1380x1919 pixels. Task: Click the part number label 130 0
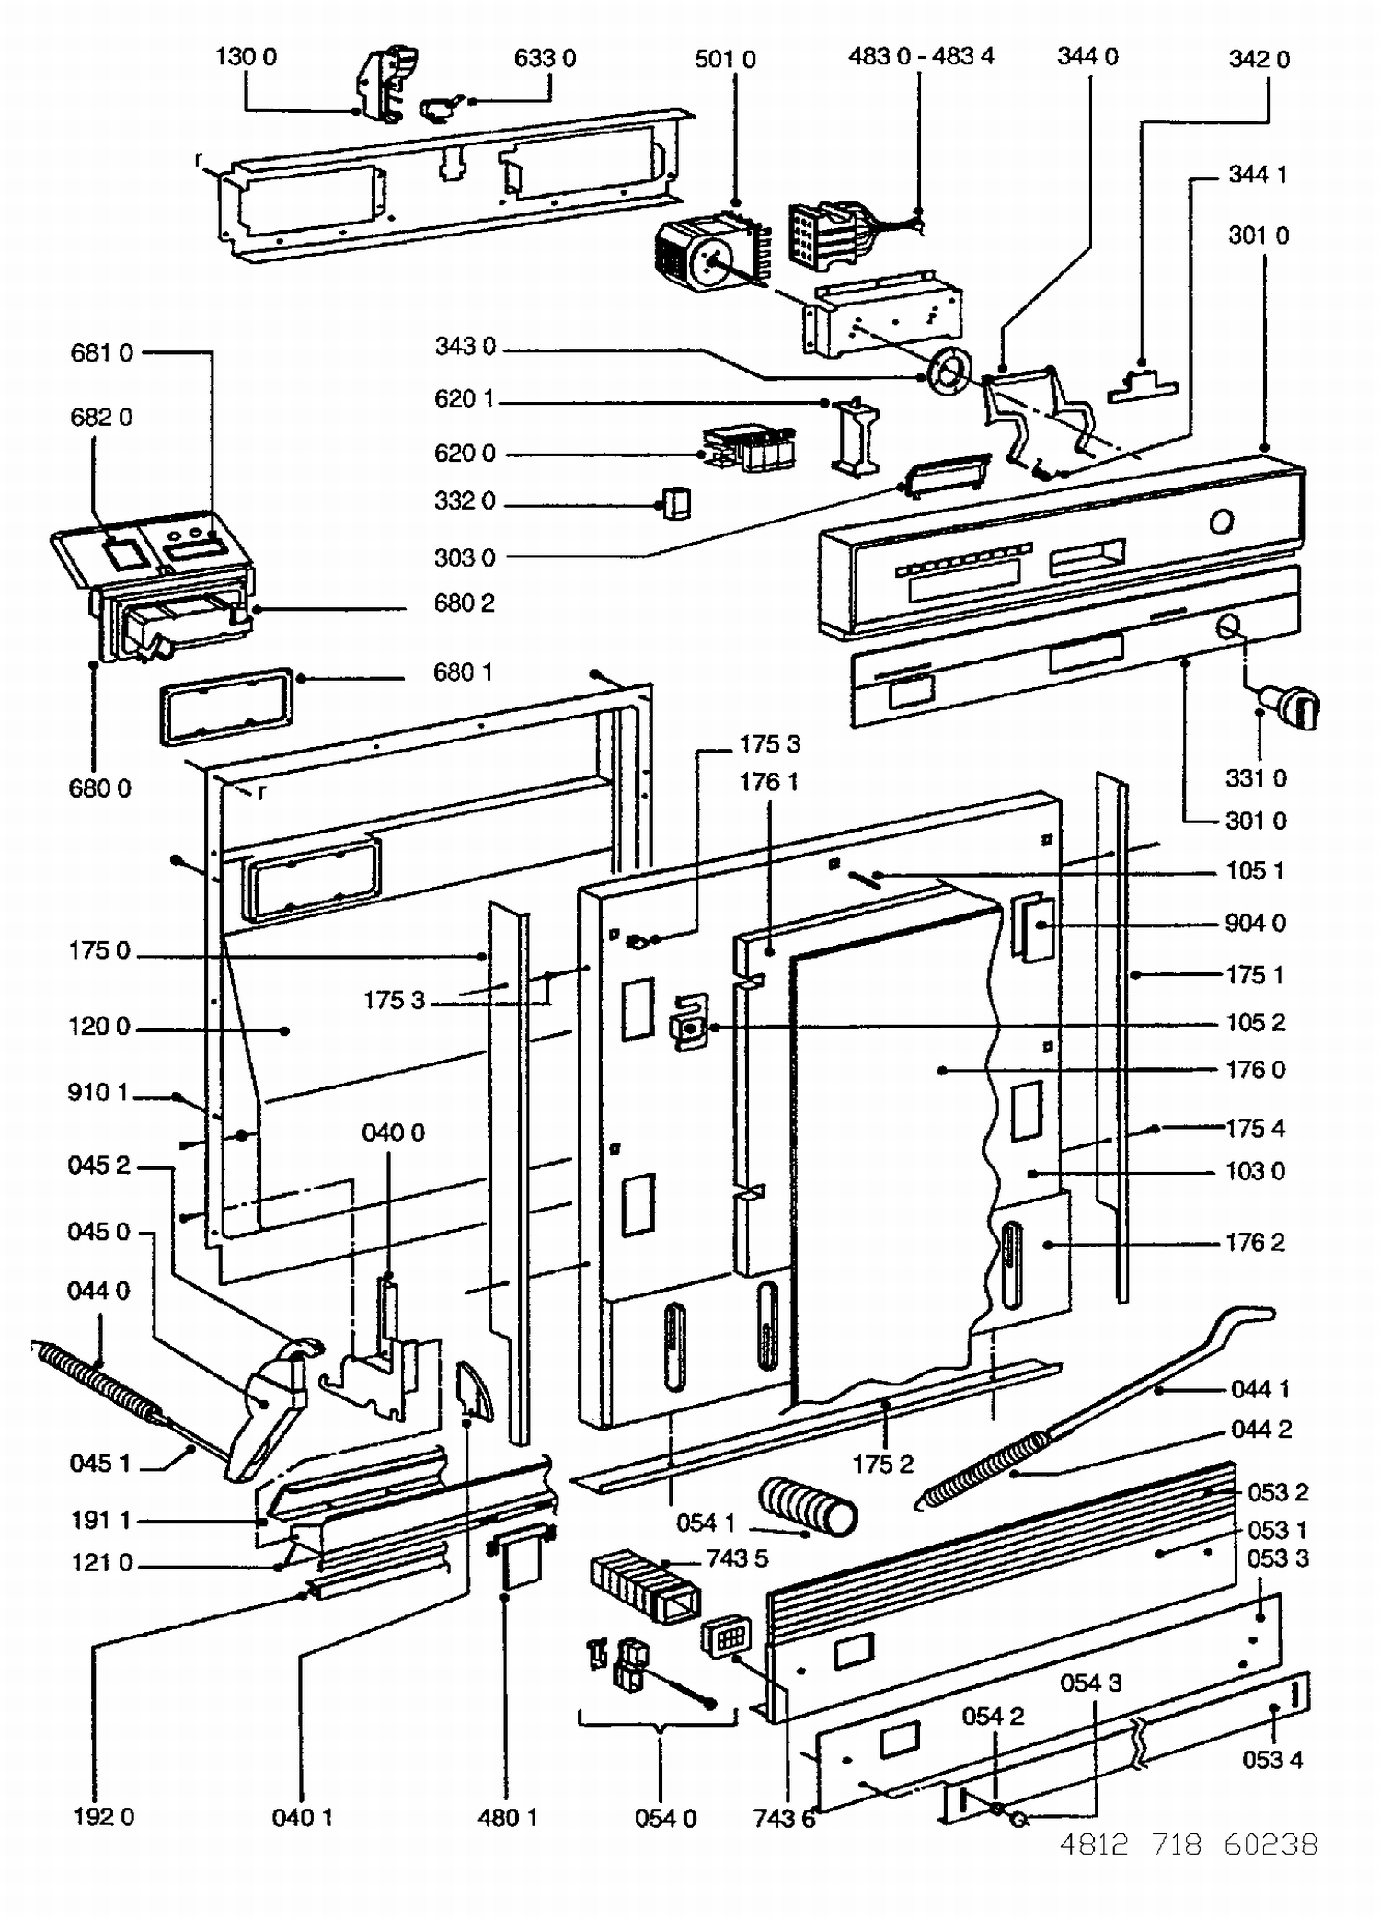(x=246, y=57)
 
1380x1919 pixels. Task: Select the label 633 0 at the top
(x=545, y=59)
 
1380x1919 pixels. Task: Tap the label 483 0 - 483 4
(x=921, y=56)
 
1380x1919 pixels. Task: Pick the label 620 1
(x=464, y=399)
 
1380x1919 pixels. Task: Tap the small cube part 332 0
(x=676, y=503)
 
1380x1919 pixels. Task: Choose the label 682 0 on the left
(x=101, y=418)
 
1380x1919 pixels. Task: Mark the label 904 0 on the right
(x=1255, y=924)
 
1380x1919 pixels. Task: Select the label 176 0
(x=1255, y=1070)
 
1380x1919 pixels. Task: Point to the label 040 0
(x=393, y=1132)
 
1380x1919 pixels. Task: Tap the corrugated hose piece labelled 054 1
(x=808, y=1507)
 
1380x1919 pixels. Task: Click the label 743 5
(x=737, y=1558)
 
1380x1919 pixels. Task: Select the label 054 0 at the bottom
(x=665, y=1818)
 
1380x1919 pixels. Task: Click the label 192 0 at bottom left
(x=103, y=1817)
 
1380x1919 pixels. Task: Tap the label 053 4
(x=1272, y=1760)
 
